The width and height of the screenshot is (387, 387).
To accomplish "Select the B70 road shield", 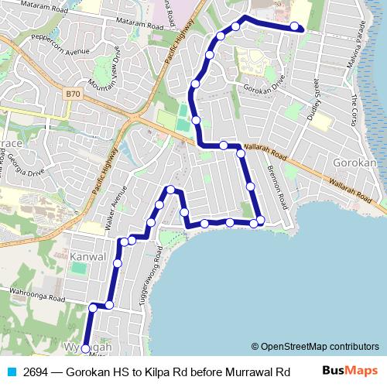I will [x=73, y=94].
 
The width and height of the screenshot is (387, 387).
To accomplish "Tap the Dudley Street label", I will [x=313, y=99].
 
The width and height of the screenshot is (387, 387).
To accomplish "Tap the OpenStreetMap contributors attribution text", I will [x=315, y=347].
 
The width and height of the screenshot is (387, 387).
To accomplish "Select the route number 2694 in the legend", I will [x=36, y=372].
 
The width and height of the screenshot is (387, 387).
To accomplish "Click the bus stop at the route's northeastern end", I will [x=295, y=27].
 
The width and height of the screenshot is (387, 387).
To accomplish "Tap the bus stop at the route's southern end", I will [x=85, y=349].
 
